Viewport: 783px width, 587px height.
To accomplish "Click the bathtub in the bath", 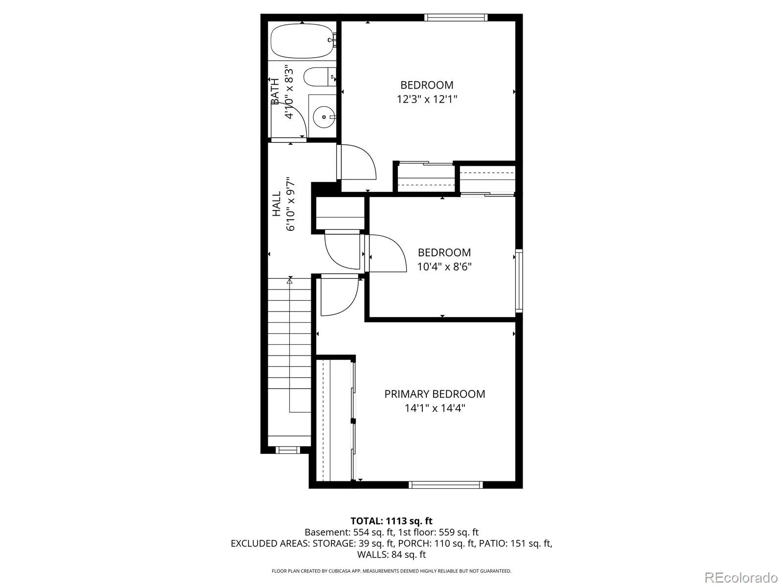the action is pyautogui.click(x=302, y=41).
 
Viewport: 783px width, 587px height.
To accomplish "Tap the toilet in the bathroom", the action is pyautogui.click(x=320, y=77).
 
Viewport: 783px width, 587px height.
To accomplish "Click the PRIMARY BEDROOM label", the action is pyautogui.click(x=435, y=394).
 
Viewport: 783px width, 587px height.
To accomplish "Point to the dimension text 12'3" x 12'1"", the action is pyautogui.click(x=427, y=99).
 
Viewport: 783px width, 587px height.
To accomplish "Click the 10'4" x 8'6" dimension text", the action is pyautogui.click(x=444, y=267).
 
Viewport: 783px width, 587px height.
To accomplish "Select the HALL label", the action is pyautogui.click(x=277, y=204).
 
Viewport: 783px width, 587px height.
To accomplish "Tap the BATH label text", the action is pyautogui.click(x=275, y=91).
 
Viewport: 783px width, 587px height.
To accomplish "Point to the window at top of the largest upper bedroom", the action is pyautogui.click(x=456, y=18).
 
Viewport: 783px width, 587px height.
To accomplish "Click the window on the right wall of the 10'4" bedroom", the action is pyautogui.click(x=519, y=281).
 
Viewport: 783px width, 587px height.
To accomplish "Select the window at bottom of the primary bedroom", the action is pyautogui.click(x=445, y=485).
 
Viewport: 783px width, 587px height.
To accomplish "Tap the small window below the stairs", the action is pyautogui.click(x=288, y=450).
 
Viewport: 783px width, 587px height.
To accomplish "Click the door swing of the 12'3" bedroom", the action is pyautogui.click(x=357, y=162).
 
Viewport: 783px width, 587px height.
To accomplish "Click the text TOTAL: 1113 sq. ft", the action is pyautogui.click(x=391, y=521).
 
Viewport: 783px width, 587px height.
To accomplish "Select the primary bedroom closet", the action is pyautogui.click(x=335, y=420).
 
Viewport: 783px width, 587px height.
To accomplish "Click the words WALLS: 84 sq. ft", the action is pyautogui.click(x=391, y=554).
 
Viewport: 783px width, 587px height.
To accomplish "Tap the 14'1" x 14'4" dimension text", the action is pyautogui.click(x=435, y=408).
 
